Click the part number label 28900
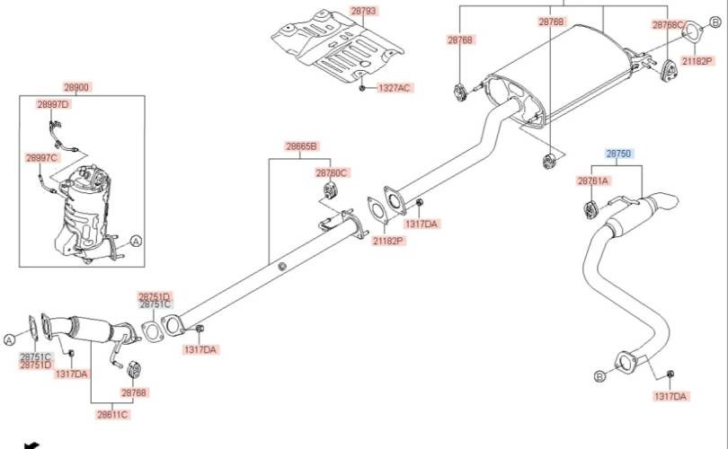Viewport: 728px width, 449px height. click(x=76, y=87)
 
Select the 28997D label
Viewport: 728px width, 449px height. click(x=53, y=104)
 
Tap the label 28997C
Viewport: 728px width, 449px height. click(x=41, y=158)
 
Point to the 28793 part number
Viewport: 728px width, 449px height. click(x=363, y=11)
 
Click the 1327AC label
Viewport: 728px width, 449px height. click(x=394, y=88)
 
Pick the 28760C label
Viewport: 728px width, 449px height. click(x=331, y=172)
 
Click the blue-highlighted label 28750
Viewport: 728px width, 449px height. click(x=618, y=154)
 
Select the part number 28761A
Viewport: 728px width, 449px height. click(x=592, y=180)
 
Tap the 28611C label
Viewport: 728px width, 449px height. click(x=113, y=414)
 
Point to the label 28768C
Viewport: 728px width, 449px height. click(x=668, y=24)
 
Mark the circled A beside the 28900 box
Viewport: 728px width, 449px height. click(x=136, y=241)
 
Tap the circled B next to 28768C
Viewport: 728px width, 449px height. click(x=715, y=22)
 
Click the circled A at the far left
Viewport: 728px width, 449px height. click(x=9, y=339)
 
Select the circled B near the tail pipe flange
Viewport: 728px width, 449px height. click(x=599, y=375)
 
